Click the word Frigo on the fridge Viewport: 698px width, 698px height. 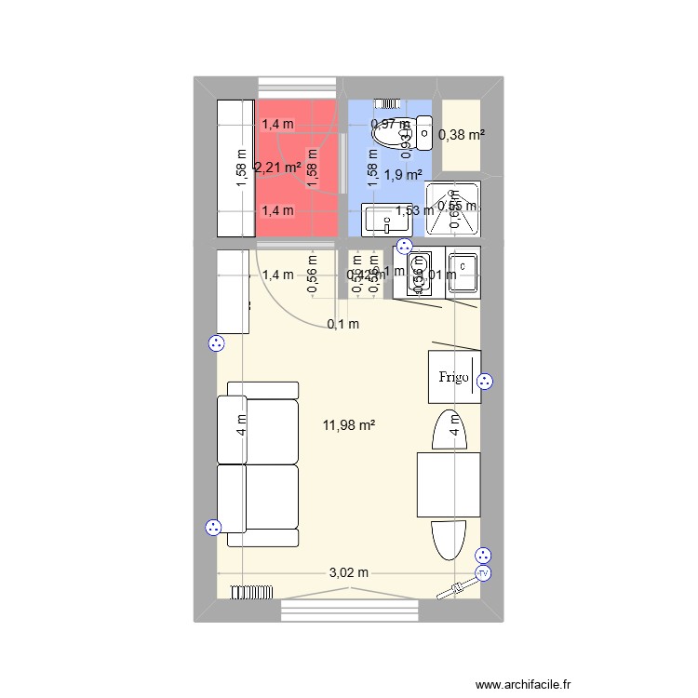(454, 377)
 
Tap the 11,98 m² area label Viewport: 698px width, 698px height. (349, 425)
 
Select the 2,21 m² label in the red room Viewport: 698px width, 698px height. (277, 168)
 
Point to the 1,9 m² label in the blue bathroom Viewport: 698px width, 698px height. (403, 174)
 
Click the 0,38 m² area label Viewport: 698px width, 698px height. (462, 135)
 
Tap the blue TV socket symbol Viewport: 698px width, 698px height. (483, 573)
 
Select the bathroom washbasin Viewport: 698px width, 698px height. (382, 221)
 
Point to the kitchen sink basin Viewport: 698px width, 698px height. (463, 274)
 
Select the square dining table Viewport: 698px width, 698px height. (449, 482)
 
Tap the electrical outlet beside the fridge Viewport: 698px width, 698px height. (484, 381)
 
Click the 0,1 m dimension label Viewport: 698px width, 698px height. (342, 324)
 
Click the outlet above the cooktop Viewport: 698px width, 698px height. (404, 247)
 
